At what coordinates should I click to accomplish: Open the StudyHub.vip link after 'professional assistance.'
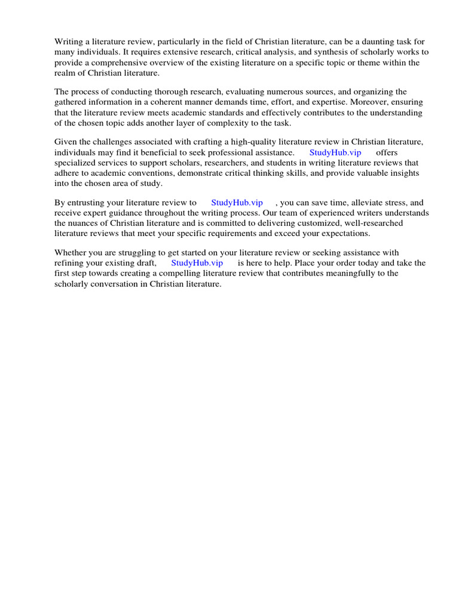(335, 152)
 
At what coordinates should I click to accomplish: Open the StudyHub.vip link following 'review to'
(237, 203)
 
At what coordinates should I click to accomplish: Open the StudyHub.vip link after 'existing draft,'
(197, 262)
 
